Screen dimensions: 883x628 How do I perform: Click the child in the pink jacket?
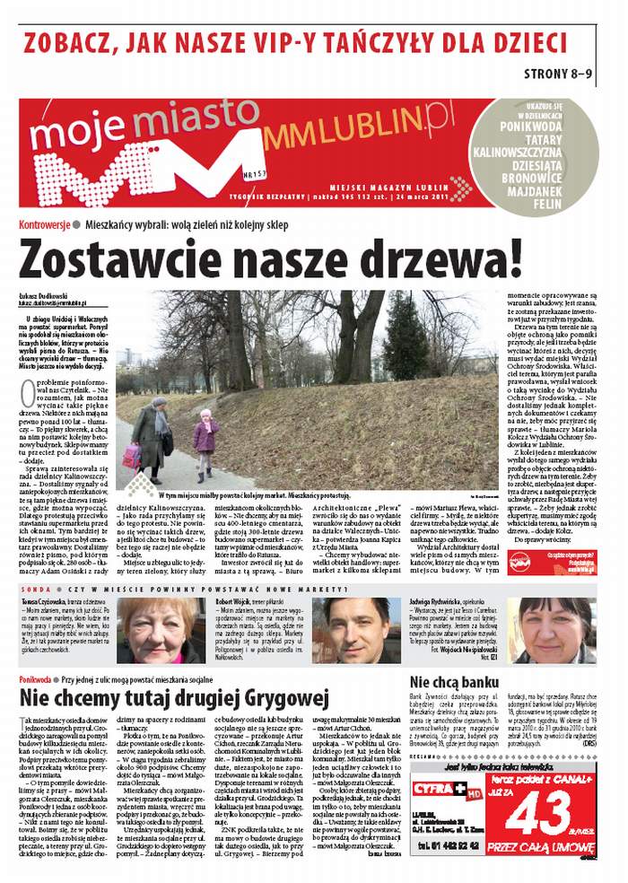[x=205, y=442]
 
